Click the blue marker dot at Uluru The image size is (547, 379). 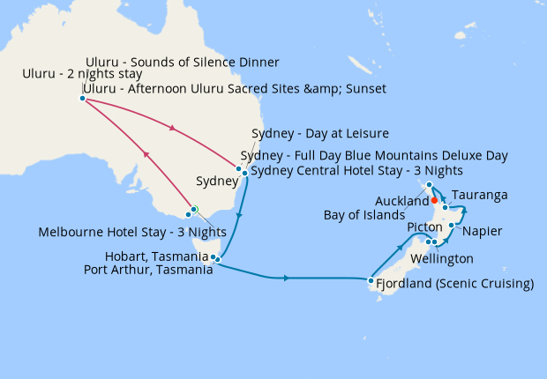point(82,99)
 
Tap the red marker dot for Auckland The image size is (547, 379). point(434,200)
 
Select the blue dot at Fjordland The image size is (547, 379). point(371,281)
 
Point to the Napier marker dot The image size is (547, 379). point(451,226)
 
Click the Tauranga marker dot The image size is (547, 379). point(446,207)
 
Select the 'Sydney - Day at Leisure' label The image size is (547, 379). point(320,134)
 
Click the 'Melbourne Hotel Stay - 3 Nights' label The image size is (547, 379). point(131,232)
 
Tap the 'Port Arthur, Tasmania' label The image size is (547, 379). point(147,271)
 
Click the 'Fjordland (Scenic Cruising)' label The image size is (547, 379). point(455,284)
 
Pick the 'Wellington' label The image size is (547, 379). point(441,259)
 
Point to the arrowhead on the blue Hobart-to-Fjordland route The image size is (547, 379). point(288,279)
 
